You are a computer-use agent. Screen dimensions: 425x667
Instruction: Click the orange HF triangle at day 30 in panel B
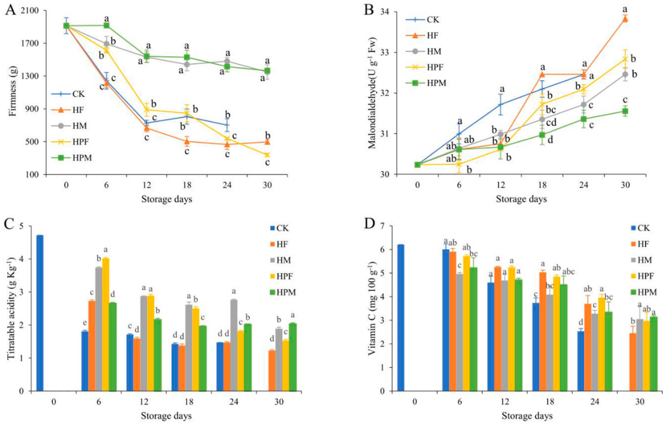(625, 19)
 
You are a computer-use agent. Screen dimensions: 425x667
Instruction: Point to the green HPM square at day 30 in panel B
(625, 111)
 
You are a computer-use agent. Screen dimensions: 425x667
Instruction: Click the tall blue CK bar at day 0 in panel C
(40, 313)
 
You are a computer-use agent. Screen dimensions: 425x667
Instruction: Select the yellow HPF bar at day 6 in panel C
(106, 324)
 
